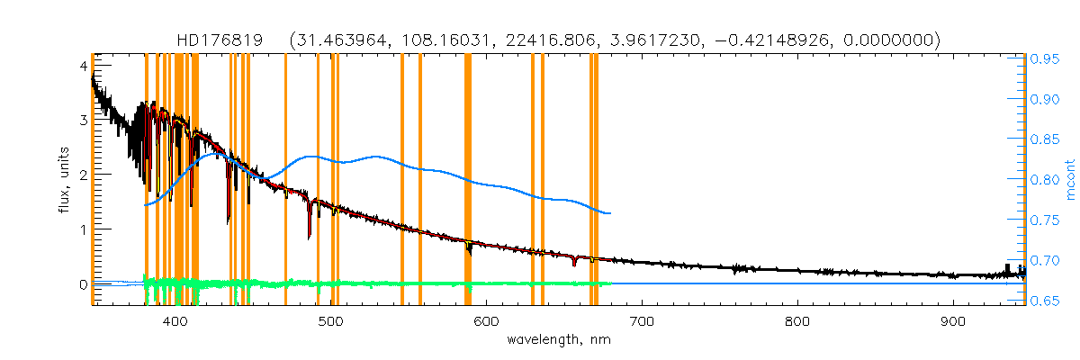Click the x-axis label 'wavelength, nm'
(559, 340)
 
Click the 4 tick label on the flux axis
(83, 66)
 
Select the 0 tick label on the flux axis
(83, 284)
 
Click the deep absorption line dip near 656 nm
(573, 265)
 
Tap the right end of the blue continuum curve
(610, 213)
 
